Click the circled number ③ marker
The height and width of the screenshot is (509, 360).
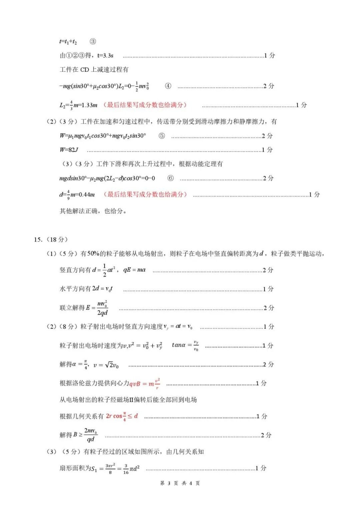point(93,41)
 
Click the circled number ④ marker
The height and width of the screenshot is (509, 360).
point(168,86)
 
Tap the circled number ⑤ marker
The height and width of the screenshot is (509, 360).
point(162,136)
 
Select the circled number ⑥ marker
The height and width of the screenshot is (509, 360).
point(170,178)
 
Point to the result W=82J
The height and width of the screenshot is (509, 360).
point(69,150)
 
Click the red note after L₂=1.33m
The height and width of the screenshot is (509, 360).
point(145,105)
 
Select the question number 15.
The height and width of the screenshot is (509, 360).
point(38,239)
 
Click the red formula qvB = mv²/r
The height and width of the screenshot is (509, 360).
point(145,383)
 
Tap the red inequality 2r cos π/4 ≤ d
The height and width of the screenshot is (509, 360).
point(122,416)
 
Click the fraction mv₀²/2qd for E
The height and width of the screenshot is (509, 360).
point(102,308)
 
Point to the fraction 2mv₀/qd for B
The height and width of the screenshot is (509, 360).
point(90,435)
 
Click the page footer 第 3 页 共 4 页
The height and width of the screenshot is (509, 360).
point(180,483)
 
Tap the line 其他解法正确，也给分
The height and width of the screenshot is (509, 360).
point(93,211)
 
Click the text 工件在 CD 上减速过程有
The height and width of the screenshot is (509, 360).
point(94,69)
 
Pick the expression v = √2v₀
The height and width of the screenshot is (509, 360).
point(106,365)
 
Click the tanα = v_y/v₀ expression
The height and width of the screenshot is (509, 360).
point(185,346)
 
